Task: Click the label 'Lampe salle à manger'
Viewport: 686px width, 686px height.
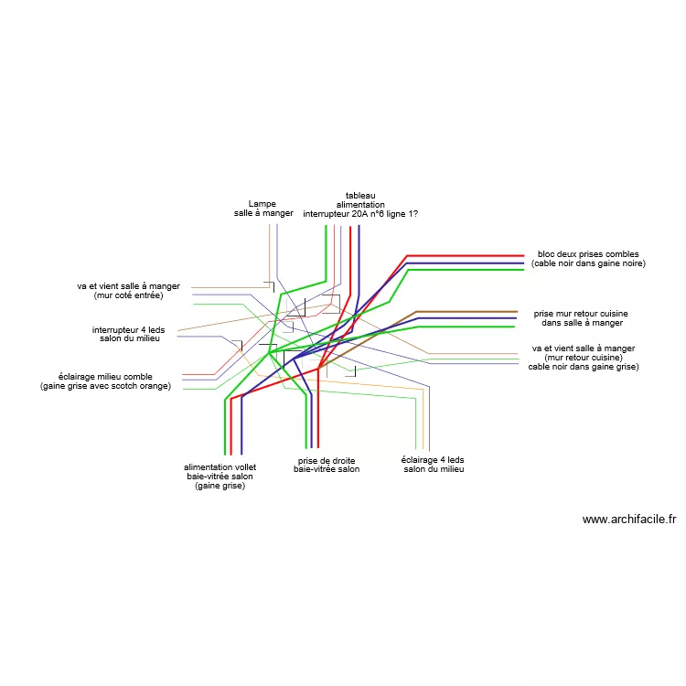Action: click(263, 209)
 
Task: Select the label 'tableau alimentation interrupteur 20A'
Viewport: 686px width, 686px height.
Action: click(360, 204)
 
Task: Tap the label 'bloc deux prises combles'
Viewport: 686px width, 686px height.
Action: click(588, 254)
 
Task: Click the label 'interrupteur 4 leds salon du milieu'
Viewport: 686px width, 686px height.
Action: click(129, 334)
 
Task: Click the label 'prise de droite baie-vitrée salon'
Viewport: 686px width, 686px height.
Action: click(327, 465)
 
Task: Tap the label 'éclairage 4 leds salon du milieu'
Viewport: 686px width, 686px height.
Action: click(434, 465)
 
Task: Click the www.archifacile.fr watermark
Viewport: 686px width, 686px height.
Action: click(629, 520)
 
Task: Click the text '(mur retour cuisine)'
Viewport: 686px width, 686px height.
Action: click(583, 358)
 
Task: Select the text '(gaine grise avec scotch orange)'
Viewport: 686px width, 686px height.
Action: click(105, 386)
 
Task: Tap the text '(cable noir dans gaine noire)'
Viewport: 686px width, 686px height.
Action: click(588, 263)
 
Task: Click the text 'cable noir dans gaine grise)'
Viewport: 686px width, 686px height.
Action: click(584, 367)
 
